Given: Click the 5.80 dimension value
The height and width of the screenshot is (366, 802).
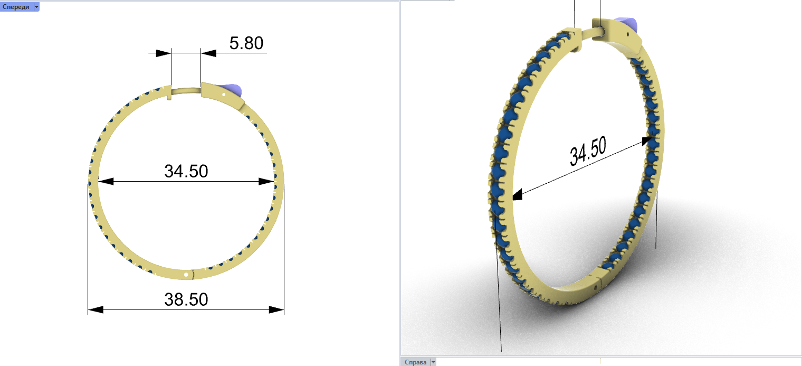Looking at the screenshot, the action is point(246,43).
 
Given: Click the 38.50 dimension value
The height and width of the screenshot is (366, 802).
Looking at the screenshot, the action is point(186,299).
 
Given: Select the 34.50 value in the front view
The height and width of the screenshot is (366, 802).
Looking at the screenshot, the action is point(186,171).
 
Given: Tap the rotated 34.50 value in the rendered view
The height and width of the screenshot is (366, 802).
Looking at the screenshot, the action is point(588,151).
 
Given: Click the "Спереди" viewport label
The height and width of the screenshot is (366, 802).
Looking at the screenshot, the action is point(16,7).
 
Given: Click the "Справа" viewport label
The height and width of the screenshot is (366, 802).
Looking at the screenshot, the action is point(415,362).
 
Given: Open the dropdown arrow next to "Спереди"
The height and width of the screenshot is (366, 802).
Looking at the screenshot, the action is point(36,7).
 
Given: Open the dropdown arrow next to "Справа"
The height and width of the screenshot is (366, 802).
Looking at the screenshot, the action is point(433,362).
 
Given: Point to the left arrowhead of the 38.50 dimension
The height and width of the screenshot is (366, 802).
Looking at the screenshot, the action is point(96,309).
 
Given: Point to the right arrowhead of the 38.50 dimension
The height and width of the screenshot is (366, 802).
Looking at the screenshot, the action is point(276,309).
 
